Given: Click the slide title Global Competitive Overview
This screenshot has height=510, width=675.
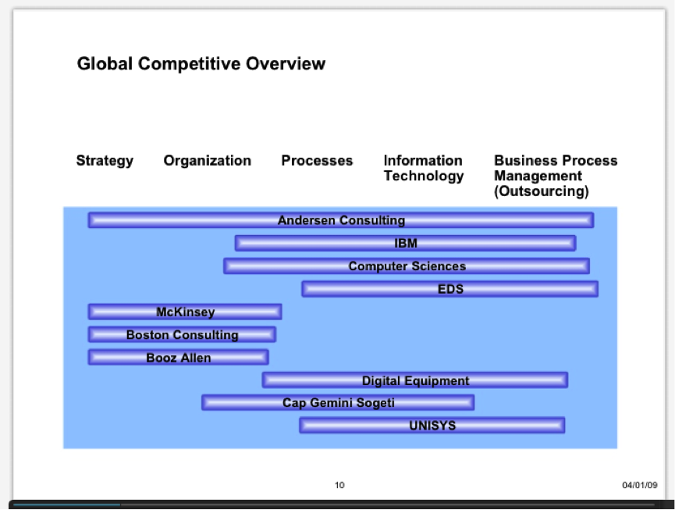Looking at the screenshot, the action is coord(201,64).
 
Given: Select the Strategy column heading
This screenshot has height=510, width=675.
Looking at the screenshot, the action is coord(105,161).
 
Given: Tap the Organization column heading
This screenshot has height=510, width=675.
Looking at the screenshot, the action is coord(207,161).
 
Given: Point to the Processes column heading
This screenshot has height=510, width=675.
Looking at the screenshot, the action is coord(317,160).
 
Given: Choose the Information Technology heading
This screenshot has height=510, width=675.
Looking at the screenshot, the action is coord(424,168).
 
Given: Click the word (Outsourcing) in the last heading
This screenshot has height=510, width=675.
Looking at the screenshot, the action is coord(541,191).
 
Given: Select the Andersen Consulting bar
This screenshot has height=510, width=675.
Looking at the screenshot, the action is coord(341,220).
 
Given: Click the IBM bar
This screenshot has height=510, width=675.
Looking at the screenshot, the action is coord(406,243).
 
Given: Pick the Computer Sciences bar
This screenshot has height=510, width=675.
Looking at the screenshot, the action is coord(407,266).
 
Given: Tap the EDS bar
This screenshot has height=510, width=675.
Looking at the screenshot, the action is coord(449,289).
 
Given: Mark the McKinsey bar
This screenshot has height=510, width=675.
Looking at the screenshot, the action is coord(185,312).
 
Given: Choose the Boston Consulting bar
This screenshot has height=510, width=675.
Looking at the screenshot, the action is coord(182,334).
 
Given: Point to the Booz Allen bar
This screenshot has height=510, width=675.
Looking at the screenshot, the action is coord(179,357).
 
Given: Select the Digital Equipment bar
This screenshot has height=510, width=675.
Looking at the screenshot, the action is coord(415,380).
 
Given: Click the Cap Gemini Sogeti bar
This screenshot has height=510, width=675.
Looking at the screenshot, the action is coord(338,402).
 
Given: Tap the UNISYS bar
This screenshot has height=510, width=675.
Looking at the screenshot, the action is coord(432,425).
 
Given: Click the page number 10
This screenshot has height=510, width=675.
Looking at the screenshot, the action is coord(339,485).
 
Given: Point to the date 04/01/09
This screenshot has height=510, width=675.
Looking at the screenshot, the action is coord(640,485).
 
